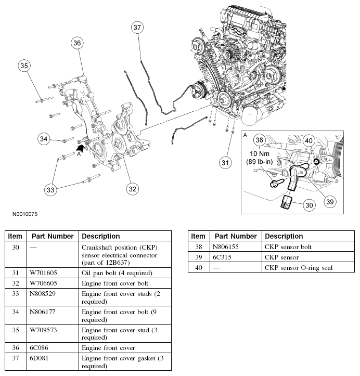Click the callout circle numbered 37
137,28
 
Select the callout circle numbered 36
77,43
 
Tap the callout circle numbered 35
24,66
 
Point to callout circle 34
45,138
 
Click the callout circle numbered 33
50,190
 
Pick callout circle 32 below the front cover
133,189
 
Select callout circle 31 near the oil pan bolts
224,163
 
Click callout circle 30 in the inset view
310,205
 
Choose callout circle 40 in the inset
308,140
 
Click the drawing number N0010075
22,214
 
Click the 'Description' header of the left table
101,236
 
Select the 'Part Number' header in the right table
236,236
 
